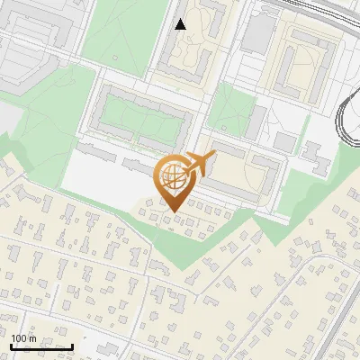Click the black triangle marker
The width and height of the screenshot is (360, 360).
point(181,24)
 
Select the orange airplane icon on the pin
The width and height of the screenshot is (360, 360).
point(199,166)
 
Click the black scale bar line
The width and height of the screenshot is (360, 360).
point(41,346)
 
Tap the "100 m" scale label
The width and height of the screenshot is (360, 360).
point(24,337)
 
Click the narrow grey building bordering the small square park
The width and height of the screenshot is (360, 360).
point(256,121)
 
